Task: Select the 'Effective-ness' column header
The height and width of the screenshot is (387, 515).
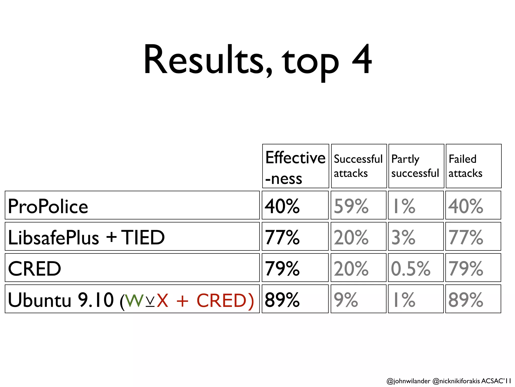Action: (295, 167)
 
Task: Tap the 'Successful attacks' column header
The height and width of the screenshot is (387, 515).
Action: (358, 166)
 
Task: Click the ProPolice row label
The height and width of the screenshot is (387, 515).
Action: (48, 206)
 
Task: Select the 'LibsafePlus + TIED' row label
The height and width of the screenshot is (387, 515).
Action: (86, 237)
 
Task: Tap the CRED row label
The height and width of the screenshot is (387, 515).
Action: (34, 269)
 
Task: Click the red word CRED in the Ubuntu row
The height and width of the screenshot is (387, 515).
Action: (222, 301)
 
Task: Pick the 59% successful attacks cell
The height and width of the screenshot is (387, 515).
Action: (351, 206)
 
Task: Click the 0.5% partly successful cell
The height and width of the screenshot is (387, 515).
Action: (411, 269)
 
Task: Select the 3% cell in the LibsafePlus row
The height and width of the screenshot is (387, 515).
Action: (403, 237)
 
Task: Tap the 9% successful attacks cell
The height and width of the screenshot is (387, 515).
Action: (346, 300)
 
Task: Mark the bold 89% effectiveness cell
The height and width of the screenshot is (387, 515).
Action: (282, 300)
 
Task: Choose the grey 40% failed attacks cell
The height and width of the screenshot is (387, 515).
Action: (466, 206)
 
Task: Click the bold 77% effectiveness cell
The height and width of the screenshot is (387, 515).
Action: (282, 237)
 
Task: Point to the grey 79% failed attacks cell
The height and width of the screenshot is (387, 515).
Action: (466, 269)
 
